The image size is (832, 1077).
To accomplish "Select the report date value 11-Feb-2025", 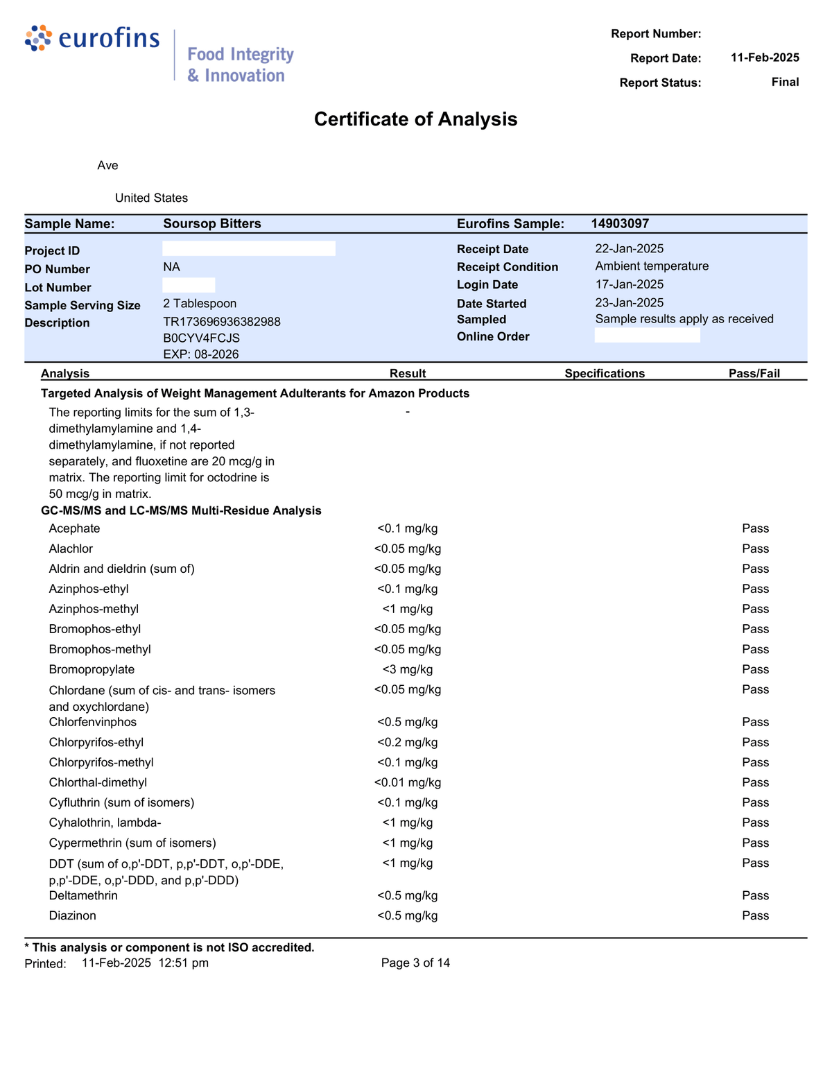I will coord(765,58).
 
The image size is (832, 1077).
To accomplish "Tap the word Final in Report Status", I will coord(785,82).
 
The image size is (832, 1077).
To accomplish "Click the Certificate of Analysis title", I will coord(415,119).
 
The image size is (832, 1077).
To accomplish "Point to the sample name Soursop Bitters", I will coord(212,223).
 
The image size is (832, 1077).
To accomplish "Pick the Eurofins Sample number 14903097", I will coord(620,223).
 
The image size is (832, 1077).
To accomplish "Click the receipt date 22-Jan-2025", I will coord(629,249).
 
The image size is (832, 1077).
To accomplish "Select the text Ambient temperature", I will coord(652,266).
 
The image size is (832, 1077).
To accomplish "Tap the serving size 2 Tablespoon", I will coord(200,304).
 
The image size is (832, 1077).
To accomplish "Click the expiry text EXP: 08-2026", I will coord(201,354).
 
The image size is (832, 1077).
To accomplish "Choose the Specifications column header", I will coord(605,374).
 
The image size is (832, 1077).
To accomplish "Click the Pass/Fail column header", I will coord(754,374).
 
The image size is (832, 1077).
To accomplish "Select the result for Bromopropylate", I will coord(408,670).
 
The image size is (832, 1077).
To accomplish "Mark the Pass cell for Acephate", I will coord(755,528).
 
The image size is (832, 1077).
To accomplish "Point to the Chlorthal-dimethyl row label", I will coord(98,782).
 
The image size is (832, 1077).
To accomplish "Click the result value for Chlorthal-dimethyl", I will coord(408,782).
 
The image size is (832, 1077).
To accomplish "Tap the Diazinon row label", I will coord(73,915).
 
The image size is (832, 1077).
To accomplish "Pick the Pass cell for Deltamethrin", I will coord(755,895).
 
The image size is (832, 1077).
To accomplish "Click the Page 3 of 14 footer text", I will coord(415,963).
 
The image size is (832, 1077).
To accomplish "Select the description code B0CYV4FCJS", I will coord(201,338).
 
